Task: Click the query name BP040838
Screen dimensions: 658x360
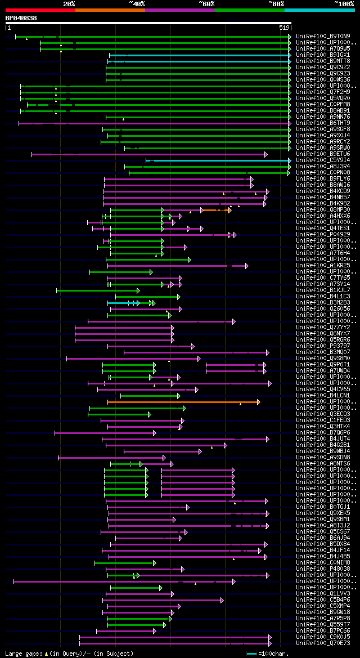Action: tap(21, 18)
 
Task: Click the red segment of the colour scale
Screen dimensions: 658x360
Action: tap(40, 10)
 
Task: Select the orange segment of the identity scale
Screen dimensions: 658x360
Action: tap(110, 10)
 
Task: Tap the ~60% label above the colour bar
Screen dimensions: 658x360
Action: tap(206, 3)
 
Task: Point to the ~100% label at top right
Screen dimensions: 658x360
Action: tap(344, 3)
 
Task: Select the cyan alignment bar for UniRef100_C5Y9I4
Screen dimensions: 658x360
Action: tap(219, 160)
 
